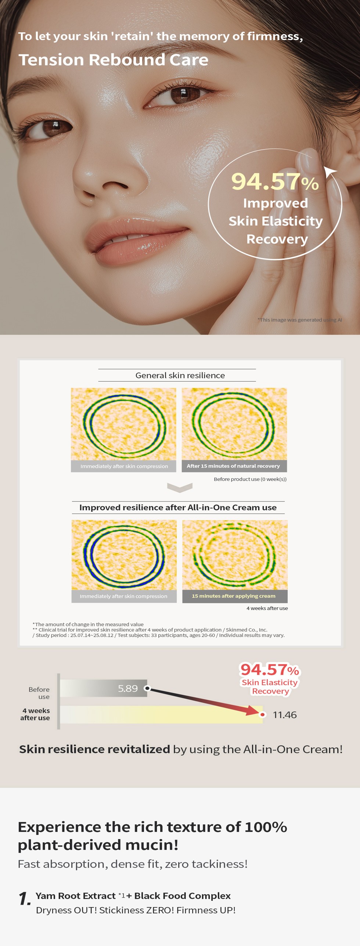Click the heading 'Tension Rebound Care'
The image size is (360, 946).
[114, 60]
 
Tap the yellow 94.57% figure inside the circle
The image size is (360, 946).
[275, 181]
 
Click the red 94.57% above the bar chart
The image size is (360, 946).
[270, 670]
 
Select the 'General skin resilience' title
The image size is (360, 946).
[180, 375]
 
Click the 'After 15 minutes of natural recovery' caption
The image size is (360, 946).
[233, 466]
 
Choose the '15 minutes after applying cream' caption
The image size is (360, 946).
[234, 596]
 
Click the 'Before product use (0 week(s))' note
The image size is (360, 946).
[250, 479]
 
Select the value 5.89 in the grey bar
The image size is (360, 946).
[128, 688]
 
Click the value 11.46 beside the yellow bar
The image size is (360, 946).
[285, 715]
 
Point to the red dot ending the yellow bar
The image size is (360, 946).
[263, 715]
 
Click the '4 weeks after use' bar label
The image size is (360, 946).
[35, 714]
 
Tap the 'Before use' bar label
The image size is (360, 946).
[39, 693]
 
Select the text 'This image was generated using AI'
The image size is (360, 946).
[300, 320]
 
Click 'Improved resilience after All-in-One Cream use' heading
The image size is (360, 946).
[178, 507]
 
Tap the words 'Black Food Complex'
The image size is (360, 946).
[183, 896]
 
